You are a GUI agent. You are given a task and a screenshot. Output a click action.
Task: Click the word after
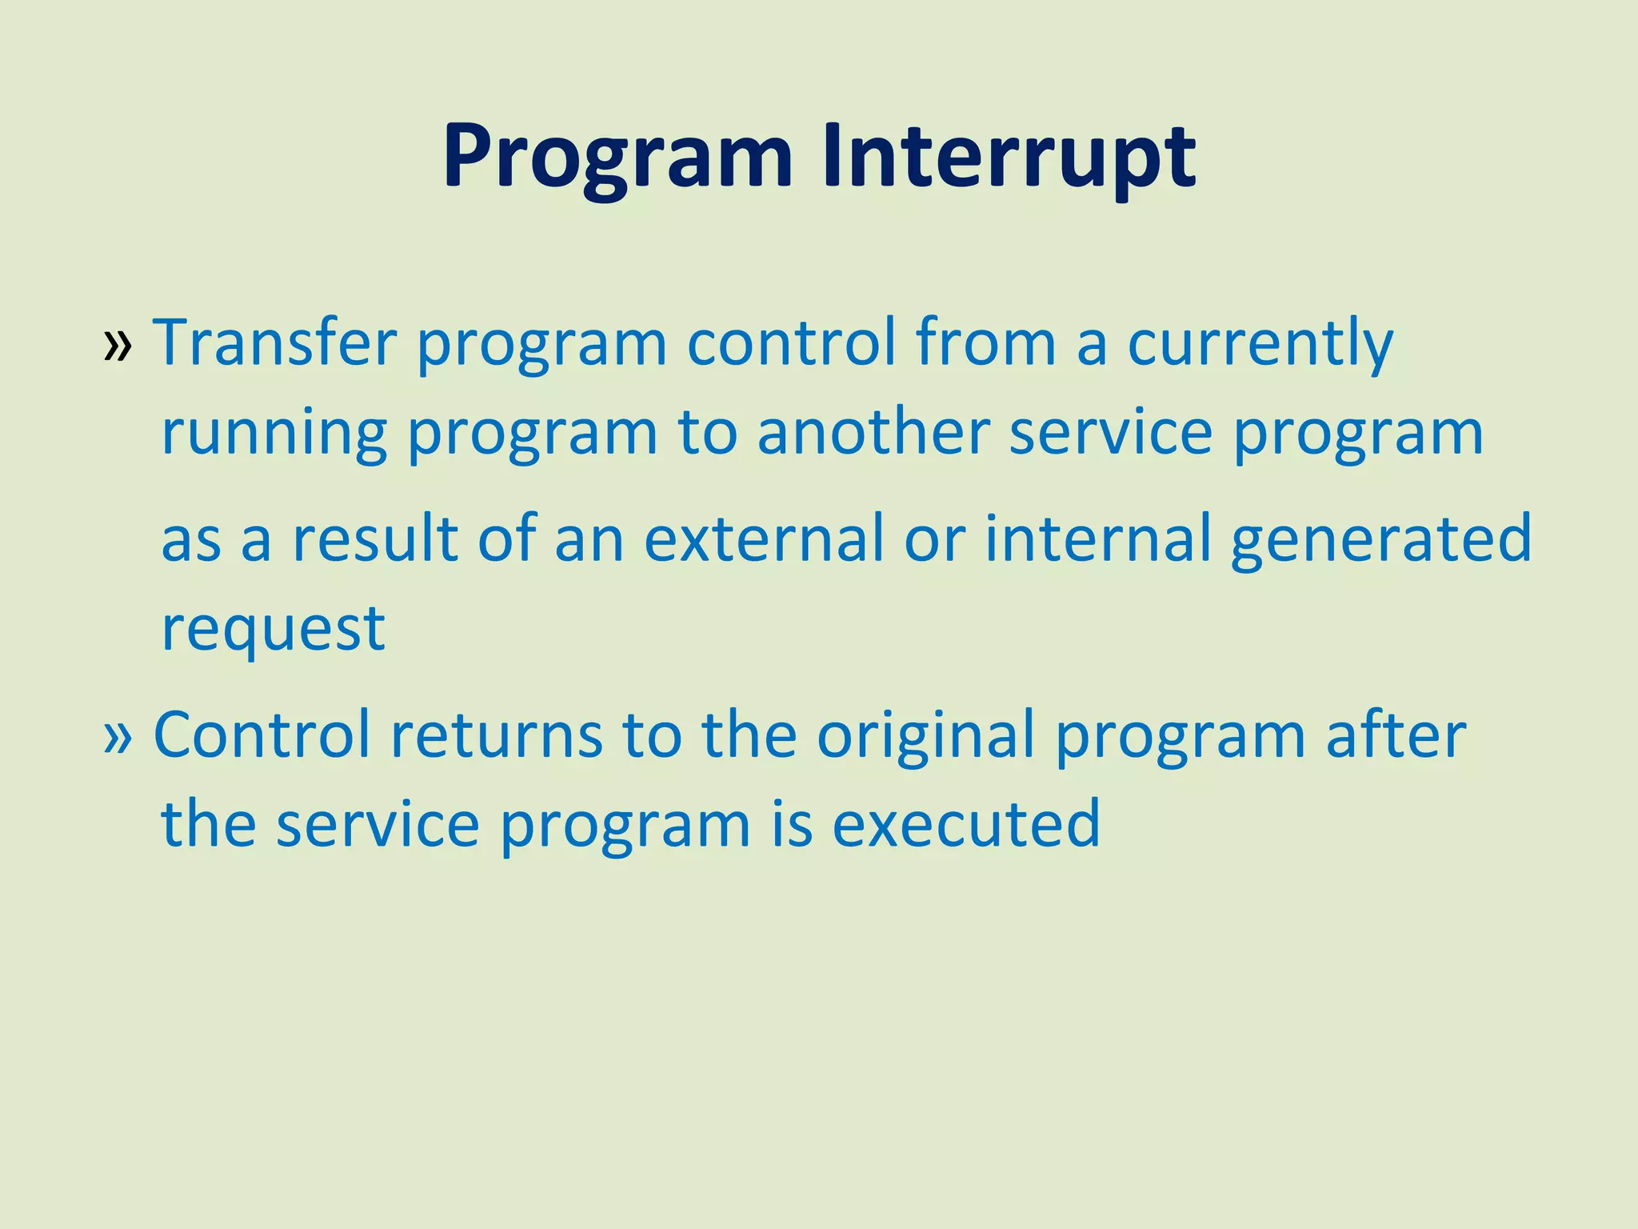[1396, 735]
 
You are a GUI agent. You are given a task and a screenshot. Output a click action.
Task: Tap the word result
[374, 538]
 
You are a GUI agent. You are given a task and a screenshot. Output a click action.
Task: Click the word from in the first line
[985, 342]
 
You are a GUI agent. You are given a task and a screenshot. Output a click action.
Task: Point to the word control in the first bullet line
[791, 342]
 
